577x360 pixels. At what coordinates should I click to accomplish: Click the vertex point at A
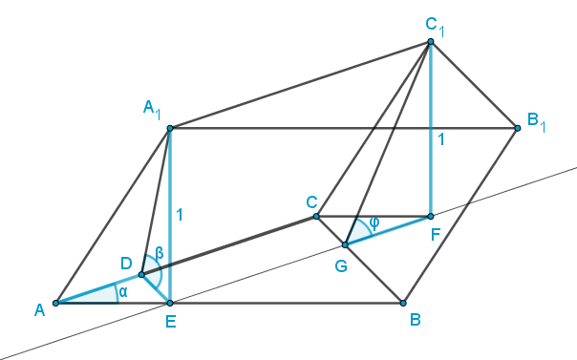pyautogui.click(x=55, y=303)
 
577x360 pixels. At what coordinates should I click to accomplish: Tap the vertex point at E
pyautogui.click(x=170, y=303)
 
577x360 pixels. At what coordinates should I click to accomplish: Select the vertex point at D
pyautogui.click(x=141, y=274)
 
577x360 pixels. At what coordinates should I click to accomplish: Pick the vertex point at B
pyautogui.click(x=403, y=303)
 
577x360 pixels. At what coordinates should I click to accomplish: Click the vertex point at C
pyautogui.click(x=316, y=216)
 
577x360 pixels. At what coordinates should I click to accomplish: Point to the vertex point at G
pyautogui.click(x=345, y=244)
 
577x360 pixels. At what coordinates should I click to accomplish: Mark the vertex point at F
pyautogui.click(x=431, y=216)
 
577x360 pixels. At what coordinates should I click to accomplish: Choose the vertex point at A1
pyautogui.click(x=170, y=128)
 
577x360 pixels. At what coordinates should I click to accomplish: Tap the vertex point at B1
pyautogui.click(x=518, y=128)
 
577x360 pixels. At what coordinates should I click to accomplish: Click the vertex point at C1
pyautogui.click(x=431, y=42)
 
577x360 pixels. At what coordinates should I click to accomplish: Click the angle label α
pyautogui.click(x=123, y=292)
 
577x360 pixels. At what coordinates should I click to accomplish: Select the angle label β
pyautogui.click(x=160, y=253)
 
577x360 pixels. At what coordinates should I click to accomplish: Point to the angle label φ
pyautogui.click(x=374, y=223)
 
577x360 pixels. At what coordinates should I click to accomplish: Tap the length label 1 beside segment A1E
pyautogui.click(x=180, y=215)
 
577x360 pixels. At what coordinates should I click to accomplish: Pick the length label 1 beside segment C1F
pyautogui.click(x=440, y=139)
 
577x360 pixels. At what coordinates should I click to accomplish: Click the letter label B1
pyautogui.click(x=537, y=122)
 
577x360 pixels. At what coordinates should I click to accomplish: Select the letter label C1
pyautogui.click(x=435, y=27)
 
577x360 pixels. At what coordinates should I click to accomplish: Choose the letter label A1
pyautogui.click(x=152, y=110)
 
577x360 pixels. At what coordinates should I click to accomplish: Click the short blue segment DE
pyautogui.click(x=156, y=288)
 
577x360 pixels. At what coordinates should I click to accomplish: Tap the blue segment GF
pyautogui.click(x=388, y=230)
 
